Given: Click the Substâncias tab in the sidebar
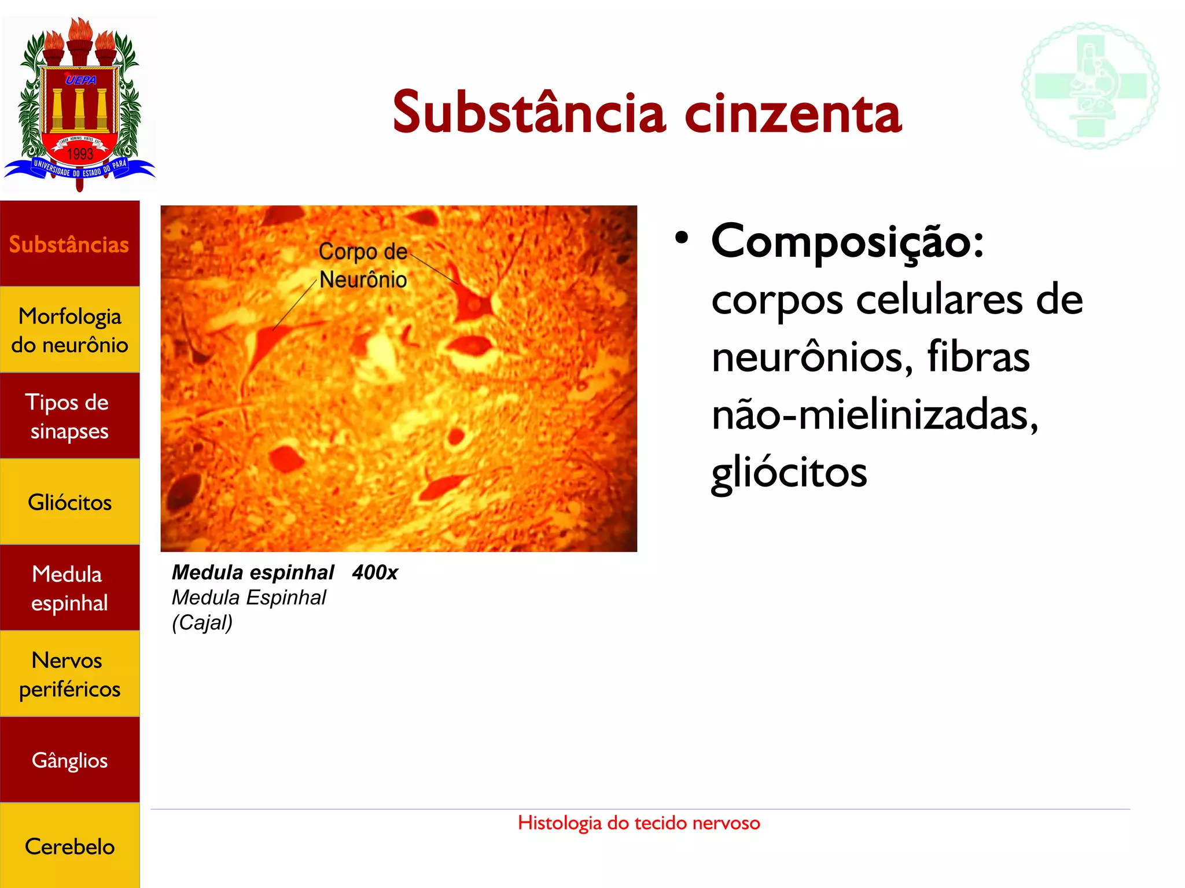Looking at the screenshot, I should point(69,244).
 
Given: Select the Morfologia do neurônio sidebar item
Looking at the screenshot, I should point(69,330).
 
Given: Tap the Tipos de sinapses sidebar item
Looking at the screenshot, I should point(69,416).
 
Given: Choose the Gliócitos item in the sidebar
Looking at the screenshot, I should point(69,502).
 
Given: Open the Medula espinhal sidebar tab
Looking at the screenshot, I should point(69,588).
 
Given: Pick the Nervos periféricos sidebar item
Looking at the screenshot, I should point(69,674).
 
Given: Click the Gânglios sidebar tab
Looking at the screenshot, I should point(69,760).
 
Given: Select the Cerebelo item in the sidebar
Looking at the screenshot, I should point(69,846).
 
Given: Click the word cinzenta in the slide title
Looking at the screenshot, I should point(793,113).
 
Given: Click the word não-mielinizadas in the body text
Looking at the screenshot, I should point(875,415).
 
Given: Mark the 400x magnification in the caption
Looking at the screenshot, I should point(375,572).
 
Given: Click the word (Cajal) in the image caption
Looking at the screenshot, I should point(202,622).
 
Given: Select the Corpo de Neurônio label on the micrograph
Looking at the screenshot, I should point(363,266).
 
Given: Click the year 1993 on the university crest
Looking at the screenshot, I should point(80,154).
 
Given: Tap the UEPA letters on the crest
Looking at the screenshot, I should point(80,80).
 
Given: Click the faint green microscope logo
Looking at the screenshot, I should point(1090,86).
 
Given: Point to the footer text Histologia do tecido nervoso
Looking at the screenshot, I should point(639,823).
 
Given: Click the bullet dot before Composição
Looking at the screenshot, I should point(682,238).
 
